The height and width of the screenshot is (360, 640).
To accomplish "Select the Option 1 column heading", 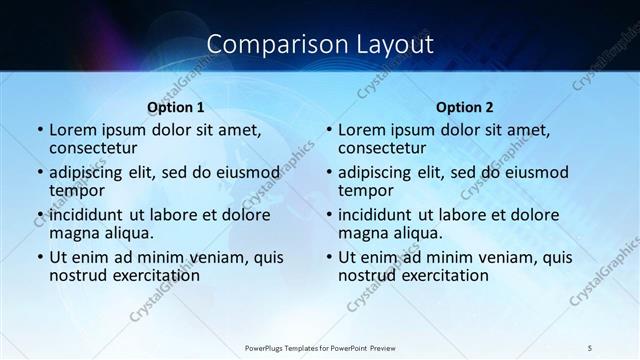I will click(176, 106).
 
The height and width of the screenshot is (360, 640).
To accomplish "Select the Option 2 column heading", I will click(465, 106).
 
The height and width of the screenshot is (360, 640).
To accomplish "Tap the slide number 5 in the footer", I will click(591, 347).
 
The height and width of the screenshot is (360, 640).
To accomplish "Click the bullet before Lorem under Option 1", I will click(39, 130).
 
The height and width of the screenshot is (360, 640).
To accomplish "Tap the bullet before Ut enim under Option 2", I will click(328, 257).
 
